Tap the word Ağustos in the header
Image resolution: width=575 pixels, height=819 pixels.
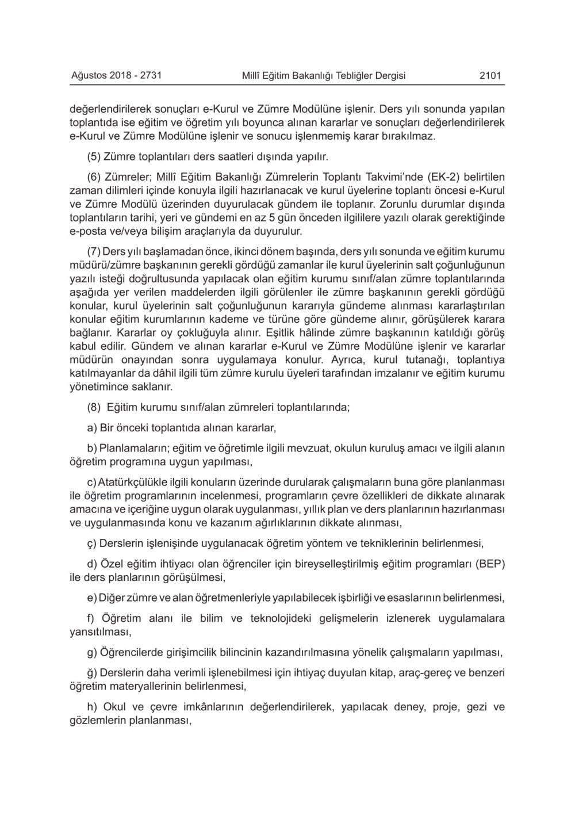[x=87, y=75]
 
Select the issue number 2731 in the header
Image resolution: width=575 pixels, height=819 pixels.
[x=154, y=75]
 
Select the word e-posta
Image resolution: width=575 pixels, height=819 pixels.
[x=87, y=232]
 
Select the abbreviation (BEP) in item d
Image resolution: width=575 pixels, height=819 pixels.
[x=489, y=562]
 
